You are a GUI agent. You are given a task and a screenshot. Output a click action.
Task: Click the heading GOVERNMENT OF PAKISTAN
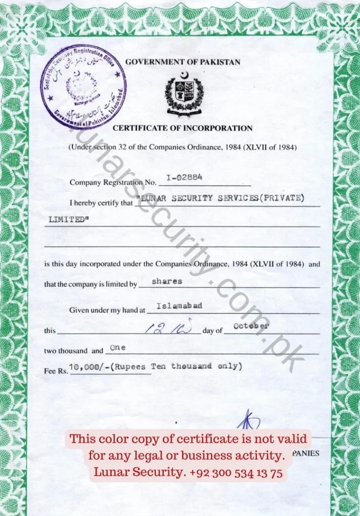[x=183, y=62]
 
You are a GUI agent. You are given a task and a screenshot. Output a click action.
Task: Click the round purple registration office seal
[x=84, y=86]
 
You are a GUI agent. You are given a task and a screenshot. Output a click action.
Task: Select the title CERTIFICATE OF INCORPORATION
[x=182, y=128]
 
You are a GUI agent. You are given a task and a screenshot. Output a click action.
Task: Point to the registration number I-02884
[x=184, y=177]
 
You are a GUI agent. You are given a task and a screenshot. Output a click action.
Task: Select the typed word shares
[x=167, y=281]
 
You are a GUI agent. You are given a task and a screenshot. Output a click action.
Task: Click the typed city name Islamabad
[x=180, y=306]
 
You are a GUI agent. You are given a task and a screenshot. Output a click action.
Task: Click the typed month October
[x=251, y=326]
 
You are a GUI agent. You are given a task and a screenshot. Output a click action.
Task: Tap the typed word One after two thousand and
[x=117, y=348]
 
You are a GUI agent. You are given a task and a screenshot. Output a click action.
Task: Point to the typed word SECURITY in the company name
[x=192, y=198]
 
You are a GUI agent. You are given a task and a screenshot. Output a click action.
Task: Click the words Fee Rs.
[x=56, y=371]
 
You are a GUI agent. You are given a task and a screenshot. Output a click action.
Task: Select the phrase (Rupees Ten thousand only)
[x=178, y=366]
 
